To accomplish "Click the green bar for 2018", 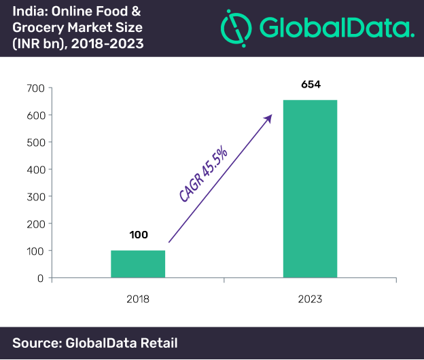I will pos(138,264).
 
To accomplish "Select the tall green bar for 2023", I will pos(310,188).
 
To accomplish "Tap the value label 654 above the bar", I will pos(310,86).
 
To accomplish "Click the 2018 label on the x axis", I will pos(138,298).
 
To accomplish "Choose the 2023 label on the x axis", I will pos(310,298).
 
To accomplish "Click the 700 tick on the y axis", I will pos(36,88).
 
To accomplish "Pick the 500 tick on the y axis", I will pos(36,143).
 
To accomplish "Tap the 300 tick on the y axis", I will pos(36,197).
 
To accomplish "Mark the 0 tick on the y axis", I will pos(41,278).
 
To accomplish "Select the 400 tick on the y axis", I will pos(36,170).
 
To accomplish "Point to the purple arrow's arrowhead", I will pos(269,118).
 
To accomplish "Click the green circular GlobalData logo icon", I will pos(234,28).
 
